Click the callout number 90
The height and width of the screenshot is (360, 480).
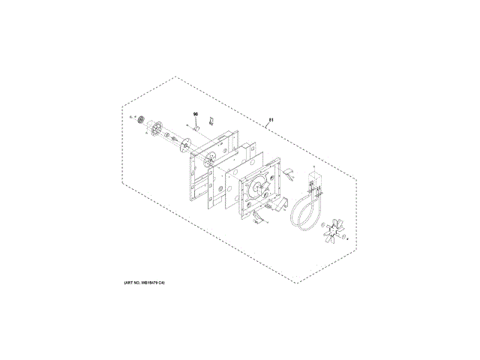coord(195,114)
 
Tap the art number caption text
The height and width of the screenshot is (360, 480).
coord(144,283)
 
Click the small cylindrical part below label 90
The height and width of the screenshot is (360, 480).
coord(194,128)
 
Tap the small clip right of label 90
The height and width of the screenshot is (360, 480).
coord(211,120)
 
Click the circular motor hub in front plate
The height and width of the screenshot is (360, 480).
coord(260,188)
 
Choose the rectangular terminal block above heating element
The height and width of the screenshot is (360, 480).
coord(313,183)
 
